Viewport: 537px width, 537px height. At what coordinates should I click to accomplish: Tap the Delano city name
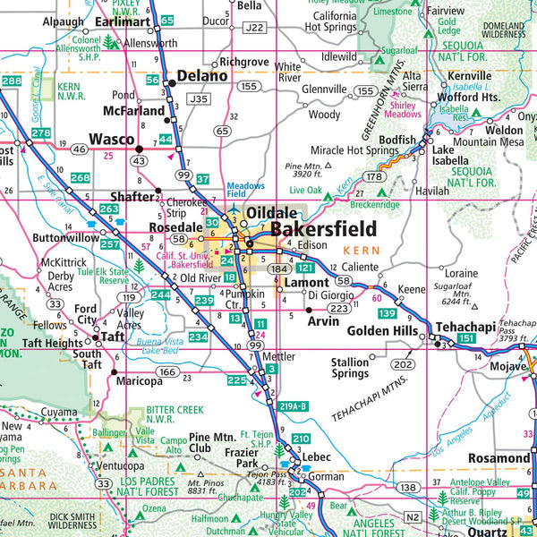pos(202,76)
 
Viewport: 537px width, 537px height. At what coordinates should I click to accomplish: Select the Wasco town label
pos(111,140)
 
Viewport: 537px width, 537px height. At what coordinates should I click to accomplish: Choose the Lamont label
pos(306,283)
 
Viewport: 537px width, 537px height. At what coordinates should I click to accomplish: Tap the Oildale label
pos(277,213)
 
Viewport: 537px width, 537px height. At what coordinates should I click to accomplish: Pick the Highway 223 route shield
pos(338,309)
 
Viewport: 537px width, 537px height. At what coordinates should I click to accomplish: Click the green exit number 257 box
pos(110,244)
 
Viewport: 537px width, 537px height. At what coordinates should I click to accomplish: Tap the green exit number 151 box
pos(467,340)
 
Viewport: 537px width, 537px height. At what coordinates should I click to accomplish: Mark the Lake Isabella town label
pos(455,155)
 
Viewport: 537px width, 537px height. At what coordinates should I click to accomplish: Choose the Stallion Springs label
pos(350,368)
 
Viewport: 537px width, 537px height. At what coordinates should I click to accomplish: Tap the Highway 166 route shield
pos(167,371)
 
